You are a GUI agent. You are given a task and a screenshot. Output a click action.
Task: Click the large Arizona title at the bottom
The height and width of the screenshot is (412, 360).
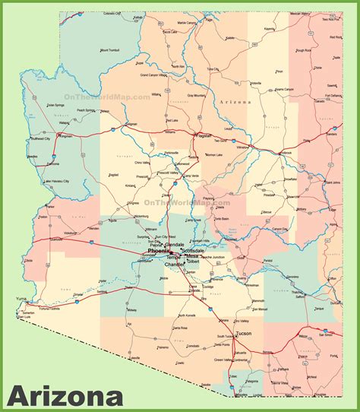tap(65, 396)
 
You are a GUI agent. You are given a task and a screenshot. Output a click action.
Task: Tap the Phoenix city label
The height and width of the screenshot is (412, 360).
tap(159, 251)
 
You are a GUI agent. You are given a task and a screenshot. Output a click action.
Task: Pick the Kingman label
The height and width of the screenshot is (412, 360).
tap(65, 137)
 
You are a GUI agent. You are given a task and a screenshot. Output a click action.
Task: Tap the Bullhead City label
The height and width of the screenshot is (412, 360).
tap(39, 139)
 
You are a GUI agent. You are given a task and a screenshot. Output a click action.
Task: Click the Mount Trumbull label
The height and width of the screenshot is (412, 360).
tap(110, 50)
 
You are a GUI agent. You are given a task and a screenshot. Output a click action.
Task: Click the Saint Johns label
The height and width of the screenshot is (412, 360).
tap(332, 182)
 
